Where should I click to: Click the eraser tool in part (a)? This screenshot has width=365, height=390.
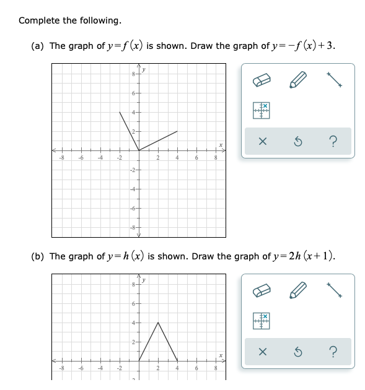click(262, 80)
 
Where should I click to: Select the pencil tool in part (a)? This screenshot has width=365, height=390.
click(301, 80)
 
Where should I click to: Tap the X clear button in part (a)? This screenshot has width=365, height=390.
click(262, 142)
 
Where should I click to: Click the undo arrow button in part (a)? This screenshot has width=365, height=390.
click(298, 142)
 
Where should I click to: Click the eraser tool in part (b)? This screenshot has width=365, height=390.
click(262, 291)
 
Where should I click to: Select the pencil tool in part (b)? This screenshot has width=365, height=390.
click(301, 291)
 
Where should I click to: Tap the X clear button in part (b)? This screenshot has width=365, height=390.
click(262, 352)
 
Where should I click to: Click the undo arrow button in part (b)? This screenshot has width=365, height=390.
click(298, 352)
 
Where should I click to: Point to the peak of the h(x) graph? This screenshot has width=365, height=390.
click(158, 322)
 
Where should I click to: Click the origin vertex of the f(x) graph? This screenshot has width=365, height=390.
click(138, 150)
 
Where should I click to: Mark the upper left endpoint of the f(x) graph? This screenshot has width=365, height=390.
click(120, 112)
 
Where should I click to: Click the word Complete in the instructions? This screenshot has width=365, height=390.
click(38, 20)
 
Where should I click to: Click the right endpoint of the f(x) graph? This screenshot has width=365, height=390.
click(177, 131)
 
